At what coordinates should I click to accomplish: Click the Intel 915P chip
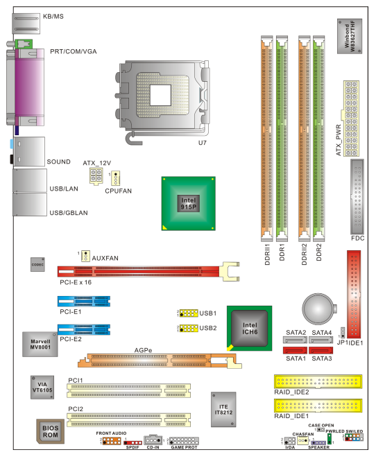(x=188, y=203)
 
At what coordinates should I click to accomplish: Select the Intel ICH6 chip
(x=250, y=329)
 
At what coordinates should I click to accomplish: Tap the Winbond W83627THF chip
(x=350, y=36)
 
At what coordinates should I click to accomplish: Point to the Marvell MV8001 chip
(x=40, y=344)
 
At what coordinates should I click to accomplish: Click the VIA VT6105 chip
(x=42, y=388)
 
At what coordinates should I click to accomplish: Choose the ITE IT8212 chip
(x=223, y=410)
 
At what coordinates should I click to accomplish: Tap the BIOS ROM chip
(x=51, y=431)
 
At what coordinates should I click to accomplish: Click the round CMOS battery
(x=319, y=309)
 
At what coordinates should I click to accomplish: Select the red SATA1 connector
(x=295, y=350)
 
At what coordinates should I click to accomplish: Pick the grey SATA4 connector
(x=321, y=340)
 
